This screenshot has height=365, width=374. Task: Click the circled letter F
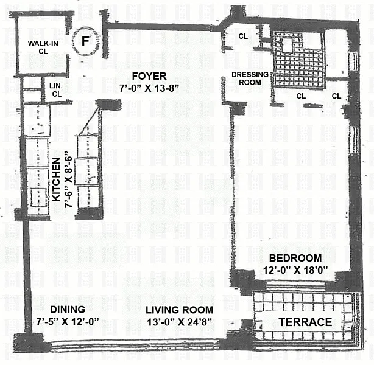(x=86, y=41)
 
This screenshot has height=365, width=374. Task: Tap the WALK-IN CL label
(x=43, y=47)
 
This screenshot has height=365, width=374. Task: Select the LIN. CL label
(x=56, y=90)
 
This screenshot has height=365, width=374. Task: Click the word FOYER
(x=149, y=76)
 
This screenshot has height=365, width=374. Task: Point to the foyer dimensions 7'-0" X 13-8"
(x=149, y=88)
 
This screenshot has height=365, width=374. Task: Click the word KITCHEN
(x=56, y=179)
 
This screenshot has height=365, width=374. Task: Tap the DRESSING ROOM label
(x=250, y=78)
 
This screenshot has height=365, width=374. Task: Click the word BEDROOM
(x=295, y=258)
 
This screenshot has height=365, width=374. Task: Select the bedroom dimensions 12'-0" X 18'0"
(x=295, y=270)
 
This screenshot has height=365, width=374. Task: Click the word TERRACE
(x=305, y=322)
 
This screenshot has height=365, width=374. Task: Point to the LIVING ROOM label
(x=180, y=310)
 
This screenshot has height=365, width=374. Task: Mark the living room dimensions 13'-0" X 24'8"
(x=179, y=322)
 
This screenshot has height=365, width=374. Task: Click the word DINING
(x=68, y=310)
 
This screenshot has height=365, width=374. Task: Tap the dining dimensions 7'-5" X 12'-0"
(x=68, y=322)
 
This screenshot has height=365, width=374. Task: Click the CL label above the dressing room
(x=243, y=36)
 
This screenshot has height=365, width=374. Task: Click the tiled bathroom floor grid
(x=299, y=61)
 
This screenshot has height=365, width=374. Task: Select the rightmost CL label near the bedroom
(x=336, y=96)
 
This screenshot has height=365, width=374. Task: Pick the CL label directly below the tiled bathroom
(x=301, y=96)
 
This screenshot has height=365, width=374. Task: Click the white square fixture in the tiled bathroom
(x=287, y=44)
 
